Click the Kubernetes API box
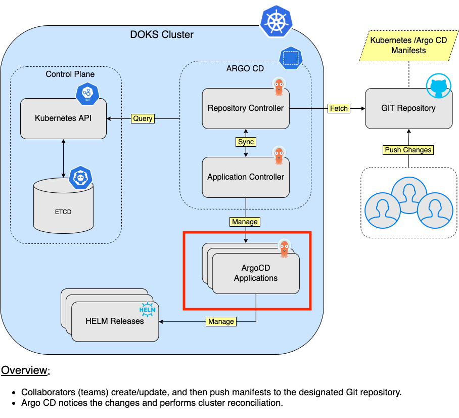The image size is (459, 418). coord(63,118)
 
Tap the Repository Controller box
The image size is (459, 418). coord(246,108)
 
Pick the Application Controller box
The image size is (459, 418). coord(246,177)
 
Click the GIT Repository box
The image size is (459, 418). coord(408,108)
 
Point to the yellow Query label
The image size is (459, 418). coord(143,118)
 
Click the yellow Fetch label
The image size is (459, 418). coord(338,108)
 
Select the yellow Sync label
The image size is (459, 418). coord(246,142)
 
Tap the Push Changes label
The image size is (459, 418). coord(408,150)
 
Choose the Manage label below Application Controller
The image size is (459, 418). coord(245,222)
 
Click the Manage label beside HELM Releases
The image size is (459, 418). coord(221,321)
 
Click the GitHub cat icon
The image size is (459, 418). coord(438,87)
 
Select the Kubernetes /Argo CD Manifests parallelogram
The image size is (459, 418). coord(408,45)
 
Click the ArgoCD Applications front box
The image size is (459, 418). coord(256,274)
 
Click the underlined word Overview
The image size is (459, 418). coord(24,370)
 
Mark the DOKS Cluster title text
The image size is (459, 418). coord(162,35)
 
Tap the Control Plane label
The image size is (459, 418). coord(70,74)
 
